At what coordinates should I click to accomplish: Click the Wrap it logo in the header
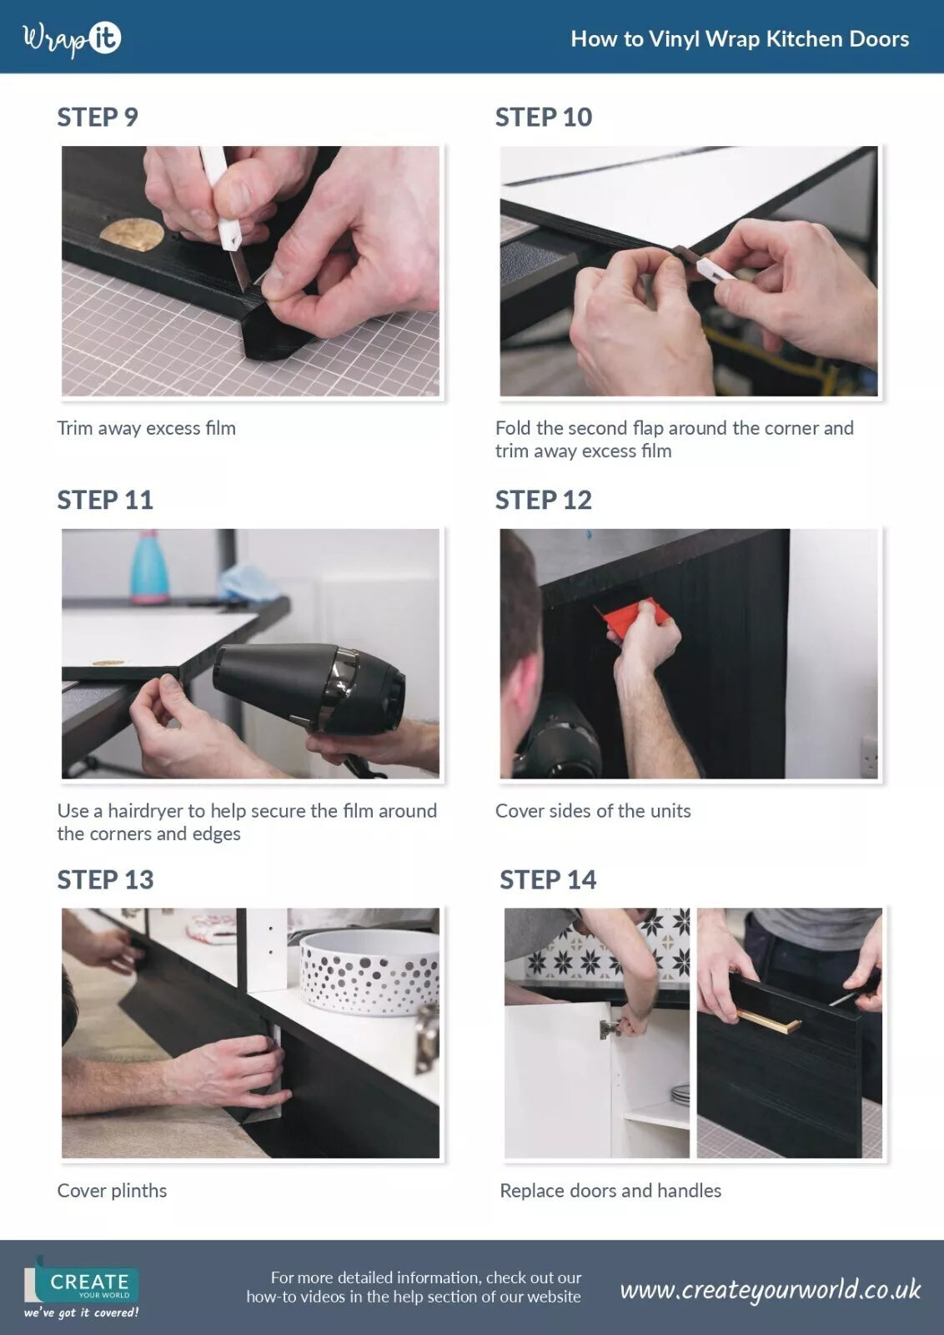coord(72,38)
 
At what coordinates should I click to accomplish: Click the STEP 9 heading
coord(98,118)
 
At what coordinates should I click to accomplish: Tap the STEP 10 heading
coord(544,118)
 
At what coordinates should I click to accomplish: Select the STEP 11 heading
coord(105,500)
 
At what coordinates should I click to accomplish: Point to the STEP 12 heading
coord(544,500)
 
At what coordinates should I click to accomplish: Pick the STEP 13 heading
coord(105,879)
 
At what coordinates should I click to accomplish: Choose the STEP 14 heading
coord(548,879)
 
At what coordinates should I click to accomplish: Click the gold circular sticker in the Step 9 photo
coord(132,233)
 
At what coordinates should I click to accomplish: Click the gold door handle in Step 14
coord(769,1021)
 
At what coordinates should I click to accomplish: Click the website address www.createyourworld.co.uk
coord(770,1290)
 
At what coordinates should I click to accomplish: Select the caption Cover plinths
coord(112,1190)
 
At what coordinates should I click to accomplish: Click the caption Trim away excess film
coord(147,428)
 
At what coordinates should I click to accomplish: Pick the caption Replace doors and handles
coord(610,1190)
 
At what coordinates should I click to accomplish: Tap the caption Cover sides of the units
coord(593,810)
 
